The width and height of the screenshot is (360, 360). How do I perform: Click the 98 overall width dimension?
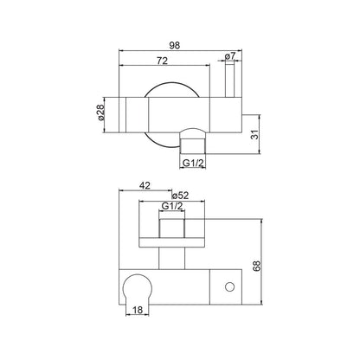click(175, 45)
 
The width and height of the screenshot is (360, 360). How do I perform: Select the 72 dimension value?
click(162, 61)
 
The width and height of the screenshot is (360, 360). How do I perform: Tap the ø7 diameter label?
click(230, 56)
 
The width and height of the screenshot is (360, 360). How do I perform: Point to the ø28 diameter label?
click(100, 112)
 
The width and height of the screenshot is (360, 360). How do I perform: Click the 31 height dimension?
click(255, 134)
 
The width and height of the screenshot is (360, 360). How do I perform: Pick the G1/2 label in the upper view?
click(193, 164)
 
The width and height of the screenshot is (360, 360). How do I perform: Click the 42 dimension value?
click(145, 186)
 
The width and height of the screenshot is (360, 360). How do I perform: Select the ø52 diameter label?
click(180, 196)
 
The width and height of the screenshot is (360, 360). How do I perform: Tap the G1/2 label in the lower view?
click(172, 206)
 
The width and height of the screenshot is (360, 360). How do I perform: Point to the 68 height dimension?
click(256, 266)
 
